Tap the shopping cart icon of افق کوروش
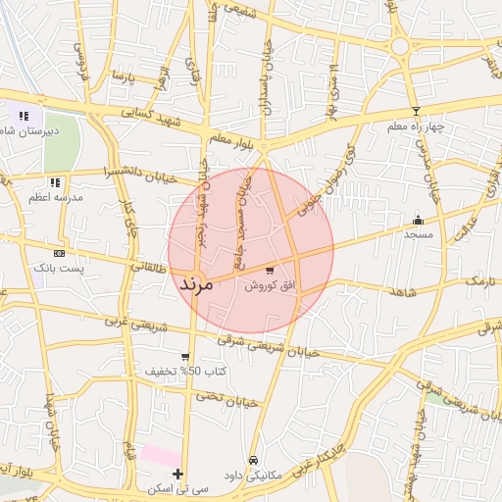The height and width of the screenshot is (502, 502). point(270,271)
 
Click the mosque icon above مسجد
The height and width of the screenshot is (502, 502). point(419,220)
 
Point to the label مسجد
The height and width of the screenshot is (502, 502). point(419,234)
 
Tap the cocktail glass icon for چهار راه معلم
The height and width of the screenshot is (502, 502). point(416,111)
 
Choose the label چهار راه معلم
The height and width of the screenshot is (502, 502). point(416,126)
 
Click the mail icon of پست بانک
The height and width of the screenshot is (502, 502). point(59,253)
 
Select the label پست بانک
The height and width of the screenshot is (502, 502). point(59,268)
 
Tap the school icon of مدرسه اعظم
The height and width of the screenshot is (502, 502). point(56,182)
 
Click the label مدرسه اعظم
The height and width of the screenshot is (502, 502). point(56,197)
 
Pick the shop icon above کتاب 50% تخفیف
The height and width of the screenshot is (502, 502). point(185,357)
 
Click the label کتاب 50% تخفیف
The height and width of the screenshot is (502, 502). point(186,372)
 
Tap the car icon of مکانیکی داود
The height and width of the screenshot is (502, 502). point(253,460)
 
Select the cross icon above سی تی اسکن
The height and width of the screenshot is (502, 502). point(177,474)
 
